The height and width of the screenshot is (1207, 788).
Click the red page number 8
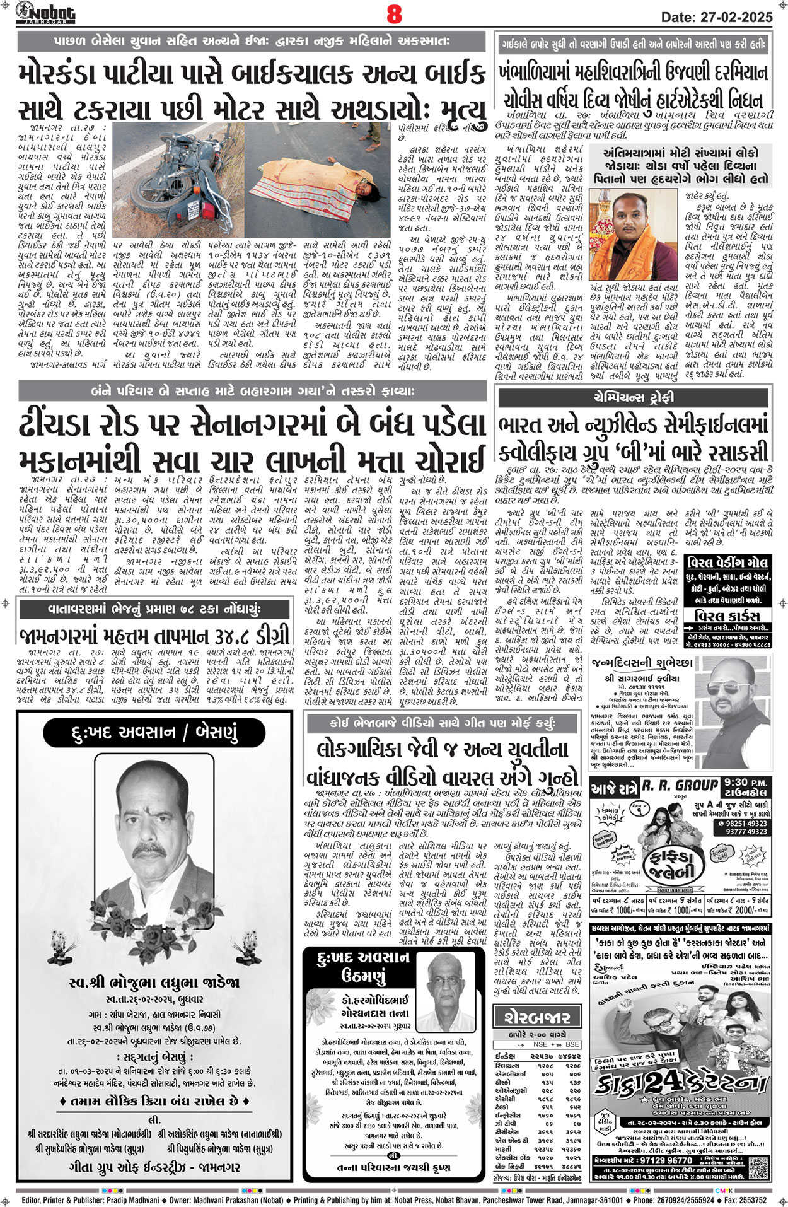point(394,14)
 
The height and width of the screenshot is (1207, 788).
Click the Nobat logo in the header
point(45,13)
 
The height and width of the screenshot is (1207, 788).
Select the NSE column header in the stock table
point(540,1044)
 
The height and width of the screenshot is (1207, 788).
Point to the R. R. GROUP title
point(680,785)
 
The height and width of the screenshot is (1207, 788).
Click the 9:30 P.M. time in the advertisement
point(748,782)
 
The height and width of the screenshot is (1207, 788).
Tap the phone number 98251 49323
point(746,824)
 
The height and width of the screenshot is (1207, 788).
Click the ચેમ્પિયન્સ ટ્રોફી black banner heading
point(633,397)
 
